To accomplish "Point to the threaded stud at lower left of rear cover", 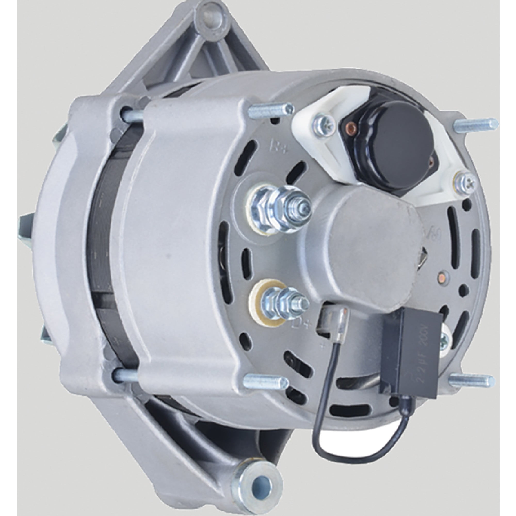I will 267,379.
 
